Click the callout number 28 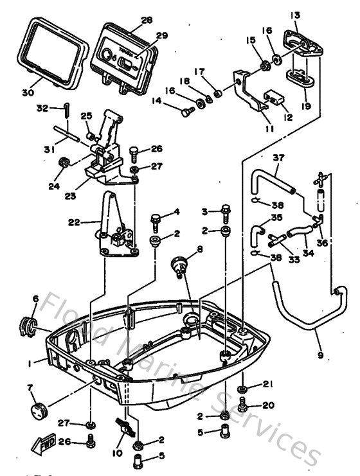point(147,20)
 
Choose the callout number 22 point(74,223)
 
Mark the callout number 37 point(278,158)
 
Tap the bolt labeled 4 point(156,221)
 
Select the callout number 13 point(295,15)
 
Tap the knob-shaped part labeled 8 point(180,263)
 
